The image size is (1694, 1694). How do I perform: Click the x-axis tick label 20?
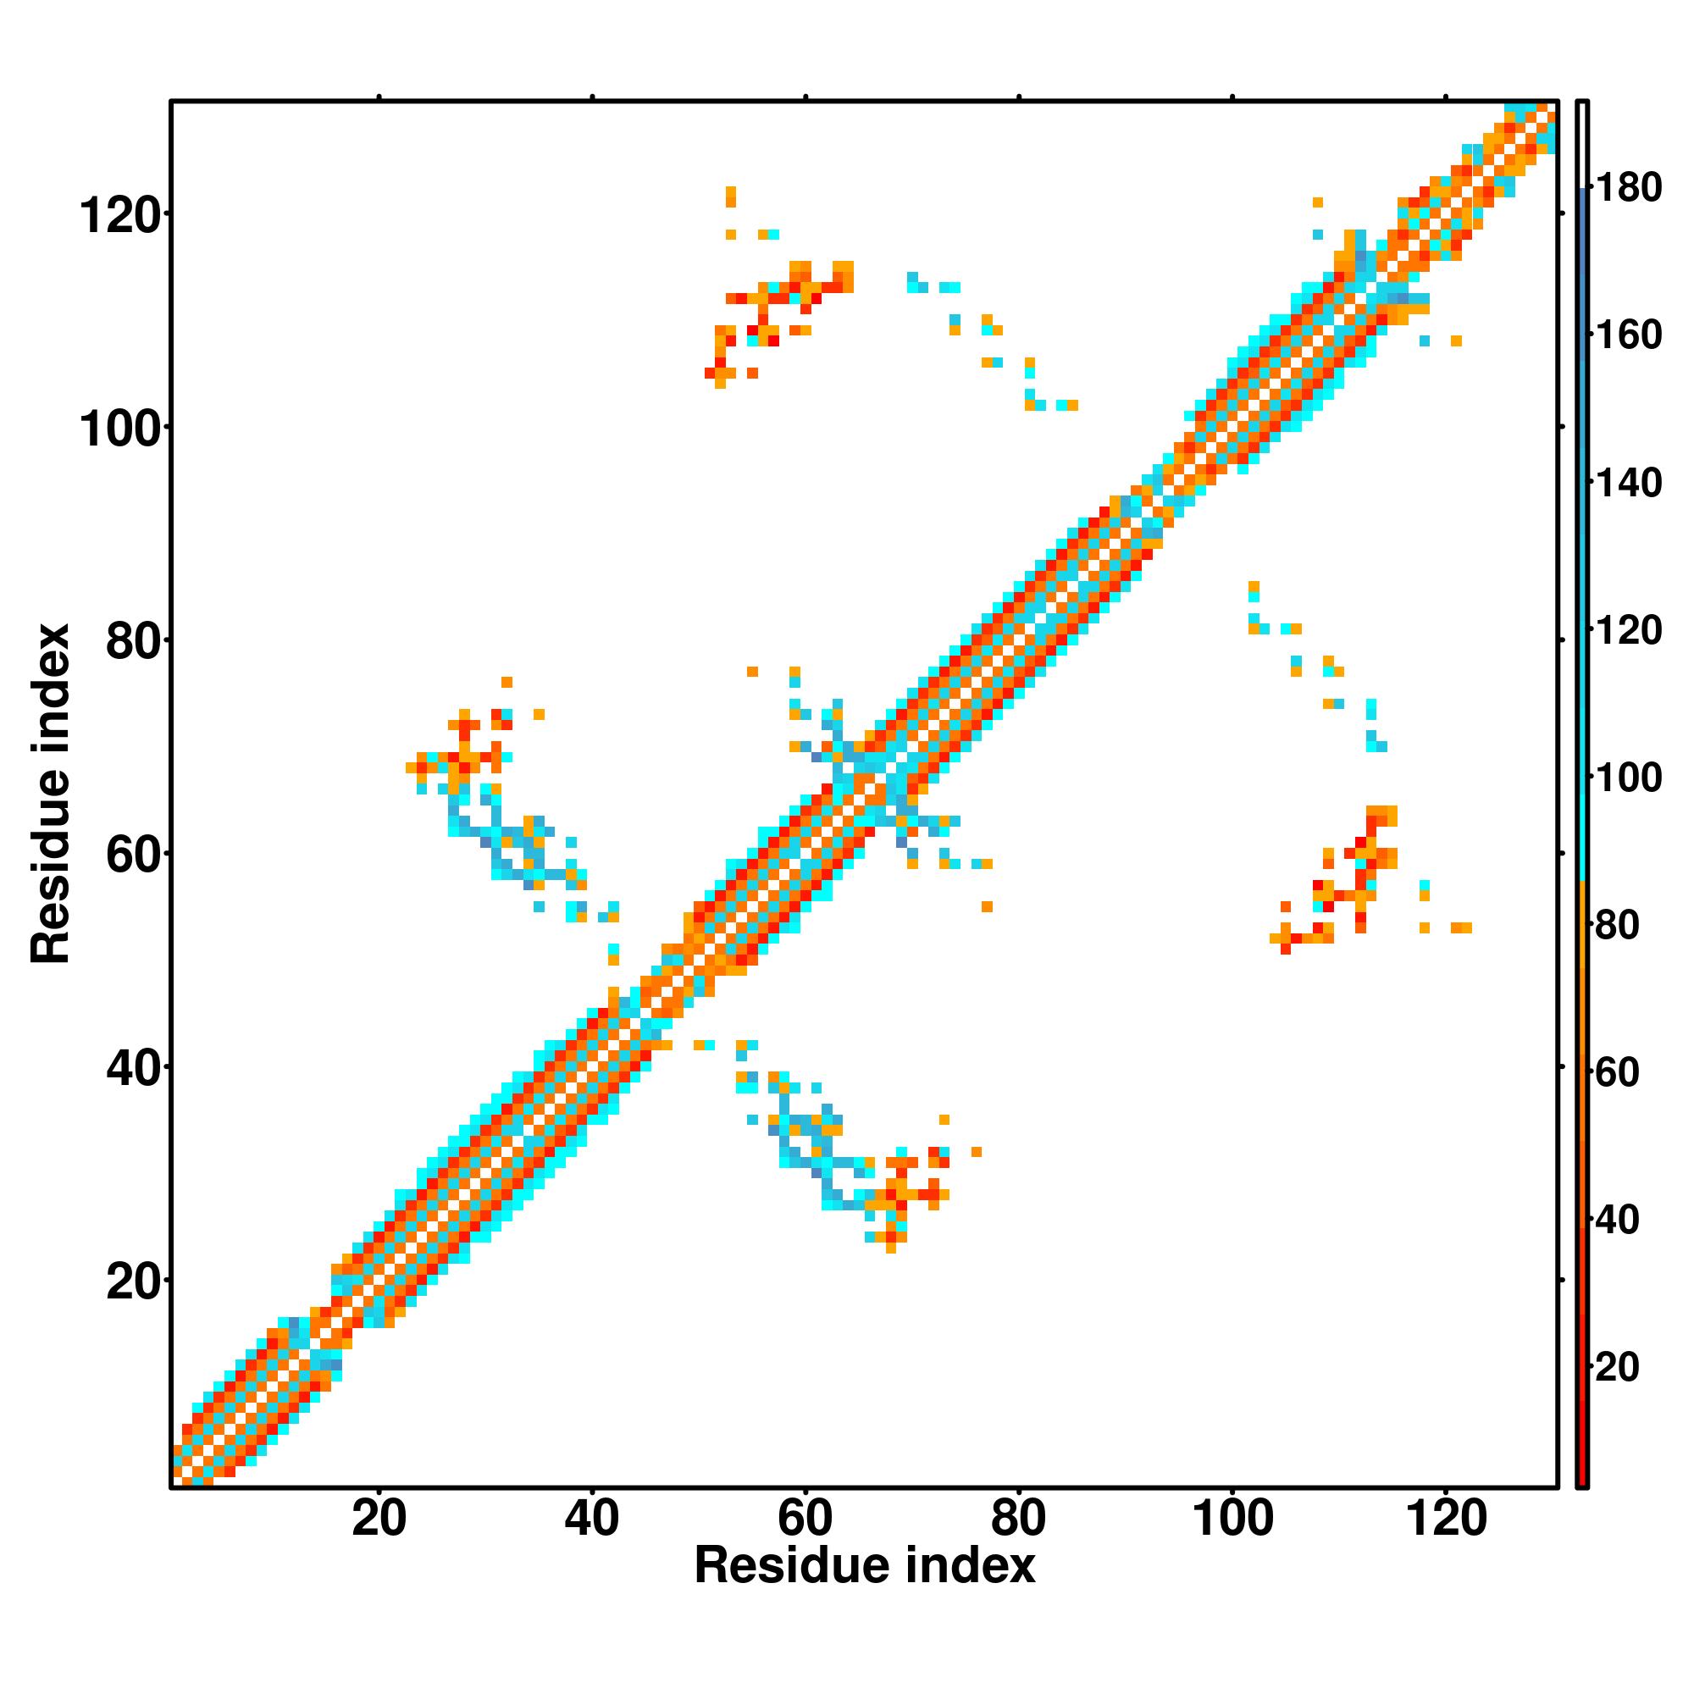(x=379, y=1518)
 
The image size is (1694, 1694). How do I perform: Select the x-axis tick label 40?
(x=592, y=1518)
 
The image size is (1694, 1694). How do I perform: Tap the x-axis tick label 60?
(x=805, y=1518)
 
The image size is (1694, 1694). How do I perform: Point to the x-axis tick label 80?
(x=1018, y=1518)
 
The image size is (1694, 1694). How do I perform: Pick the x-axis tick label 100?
(x=1232, y=1518)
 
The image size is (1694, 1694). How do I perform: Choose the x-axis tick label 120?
(x=1446, y=1518)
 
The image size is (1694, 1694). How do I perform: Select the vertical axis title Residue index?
(x=51, y=794)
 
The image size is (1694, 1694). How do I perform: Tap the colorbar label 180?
(x=1628, y=188)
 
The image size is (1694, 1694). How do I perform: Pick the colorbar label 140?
(x=1628, y=482)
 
